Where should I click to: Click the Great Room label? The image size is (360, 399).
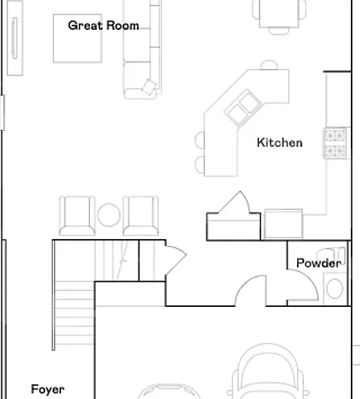click(103, 26)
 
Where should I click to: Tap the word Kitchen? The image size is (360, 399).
click(280, 143)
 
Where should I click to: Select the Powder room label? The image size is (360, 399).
click(319, 263)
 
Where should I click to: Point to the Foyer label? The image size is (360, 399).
click(48, 389)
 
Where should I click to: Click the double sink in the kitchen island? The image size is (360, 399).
click(243, 108)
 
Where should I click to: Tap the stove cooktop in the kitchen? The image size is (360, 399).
click(335, 143)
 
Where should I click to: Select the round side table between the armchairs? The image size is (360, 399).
click(109, 215)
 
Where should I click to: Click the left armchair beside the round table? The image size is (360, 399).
click(77, 215)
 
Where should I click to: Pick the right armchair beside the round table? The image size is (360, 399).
click(141, 215)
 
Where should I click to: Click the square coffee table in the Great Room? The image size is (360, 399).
click(78, 38)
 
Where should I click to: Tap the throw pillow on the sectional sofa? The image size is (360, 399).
click(150, 87)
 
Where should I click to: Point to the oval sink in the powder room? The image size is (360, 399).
click(334, 289)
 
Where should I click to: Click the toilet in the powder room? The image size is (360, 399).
click(330, 254)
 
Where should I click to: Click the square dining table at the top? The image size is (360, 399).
click(279, 13)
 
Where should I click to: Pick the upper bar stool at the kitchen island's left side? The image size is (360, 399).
click(199, 139)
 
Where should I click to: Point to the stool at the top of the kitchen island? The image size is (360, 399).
click(269, 65)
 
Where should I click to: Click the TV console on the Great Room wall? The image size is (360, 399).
click(15, 38)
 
